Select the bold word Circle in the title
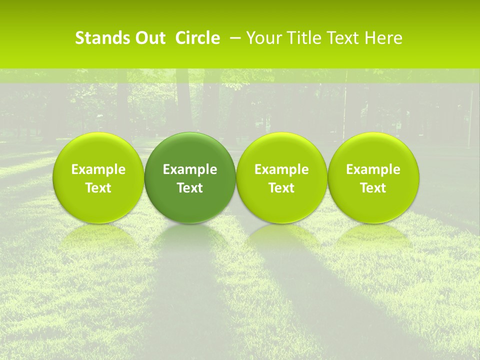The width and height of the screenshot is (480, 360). (x=197, y=38)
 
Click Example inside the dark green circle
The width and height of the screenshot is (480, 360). (x=190, y=169)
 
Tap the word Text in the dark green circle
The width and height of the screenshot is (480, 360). (x=190, y=188)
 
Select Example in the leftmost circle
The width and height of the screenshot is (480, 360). (x=98, y=169)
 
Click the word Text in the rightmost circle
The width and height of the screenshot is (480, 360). (x=373, y=188)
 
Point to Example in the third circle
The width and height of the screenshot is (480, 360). (x=281, y=169)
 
